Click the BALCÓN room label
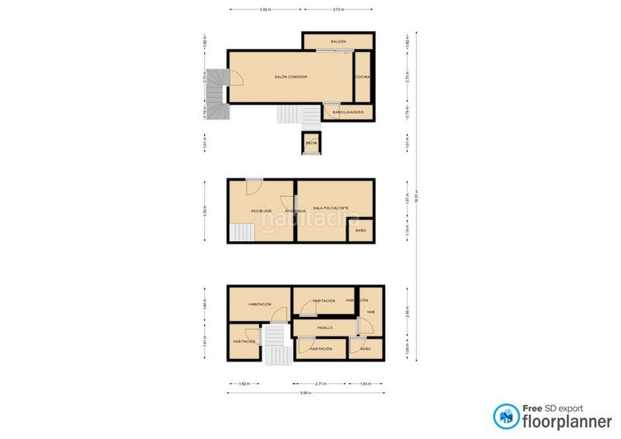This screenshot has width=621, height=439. point(338,41)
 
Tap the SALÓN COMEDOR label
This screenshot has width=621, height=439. point(291,77)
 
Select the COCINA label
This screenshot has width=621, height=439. point(363,77)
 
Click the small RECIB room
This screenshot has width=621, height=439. point(311,143)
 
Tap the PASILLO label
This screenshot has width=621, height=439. point(324,328)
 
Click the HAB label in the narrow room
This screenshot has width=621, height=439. point(371,313)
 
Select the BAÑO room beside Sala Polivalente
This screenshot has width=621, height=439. point(361,231)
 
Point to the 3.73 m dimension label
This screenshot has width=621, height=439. point(338,10)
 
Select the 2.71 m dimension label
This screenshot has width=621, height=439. point(320,383)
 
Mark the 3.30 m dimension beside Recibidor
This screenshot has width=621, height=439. point(204,210)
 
